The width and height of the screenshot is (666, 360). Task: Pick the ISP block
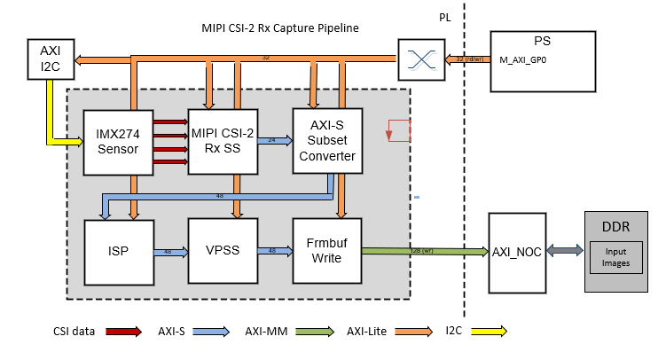tap(119, 251)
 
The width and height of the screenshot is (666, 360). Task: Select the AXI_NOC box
tap(517, 251)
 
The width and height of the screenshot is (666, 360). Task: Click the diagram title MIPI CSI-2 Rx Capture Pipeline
tap(280, 28)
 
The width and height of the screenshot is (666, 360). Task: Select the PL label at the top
tap(445, 17)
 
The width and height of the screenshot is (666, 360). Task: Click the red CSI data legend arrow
tap(126, 333)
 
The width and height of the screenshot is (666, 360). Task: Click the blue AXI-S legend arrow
tap(218, 333)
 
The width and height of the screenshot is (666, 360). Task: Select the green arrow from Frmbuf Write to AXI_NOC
tap(426, 252)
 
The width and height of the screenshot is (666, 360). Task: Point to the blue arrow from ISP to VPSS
tap(170, 251)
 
